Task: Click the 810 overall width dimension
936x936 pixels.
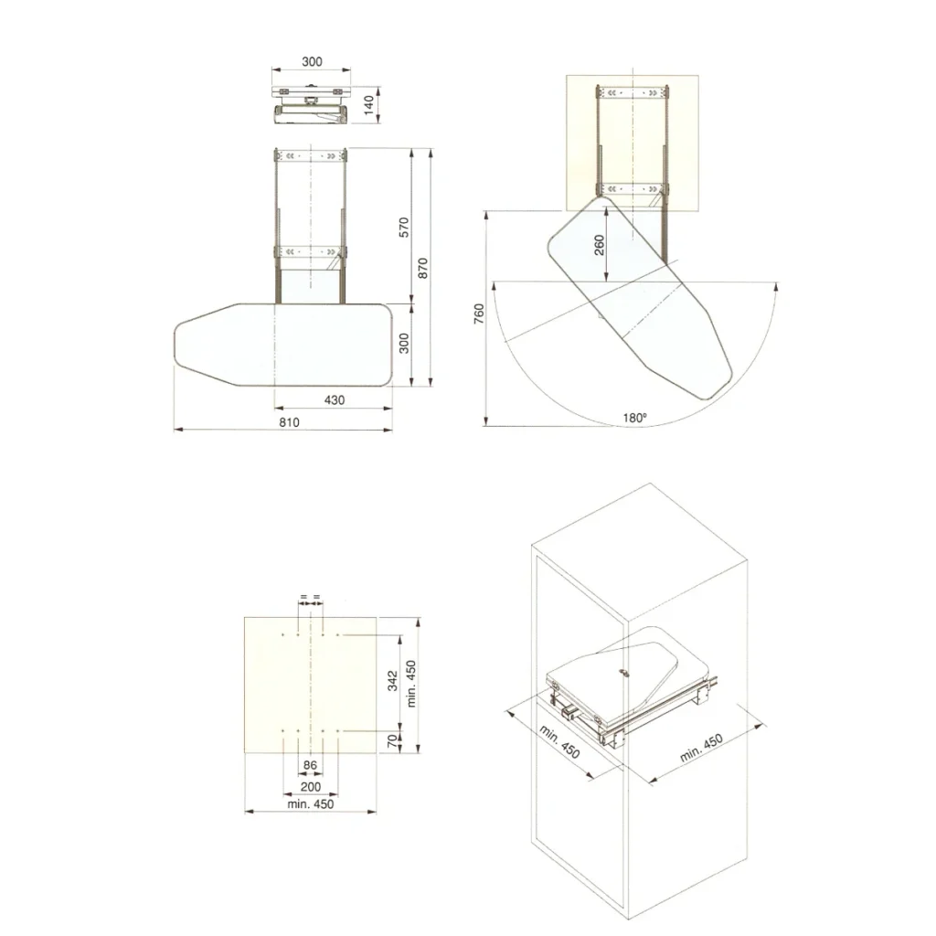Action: coord(289,422)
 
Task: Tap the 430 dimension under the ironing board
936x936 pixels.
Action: coord(335,400)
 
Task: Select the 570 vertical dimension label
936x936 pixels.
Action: coord(404,228)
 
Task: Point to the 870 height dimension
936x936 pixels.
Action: coord(422,268)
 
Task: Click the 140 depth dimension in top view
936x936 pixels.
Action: coord(369,105)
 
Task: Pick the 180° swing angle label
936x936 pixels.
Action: coord(635,418)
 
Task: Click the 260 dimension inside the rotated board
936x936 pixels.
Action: coord(600,245)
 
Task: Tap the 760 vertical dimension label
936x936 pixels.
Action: coord(479,314)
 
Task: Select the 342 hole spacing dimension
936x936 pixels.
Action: coord(392,680)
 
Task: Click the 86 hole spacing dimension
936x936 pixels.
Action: coord(310,765)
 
